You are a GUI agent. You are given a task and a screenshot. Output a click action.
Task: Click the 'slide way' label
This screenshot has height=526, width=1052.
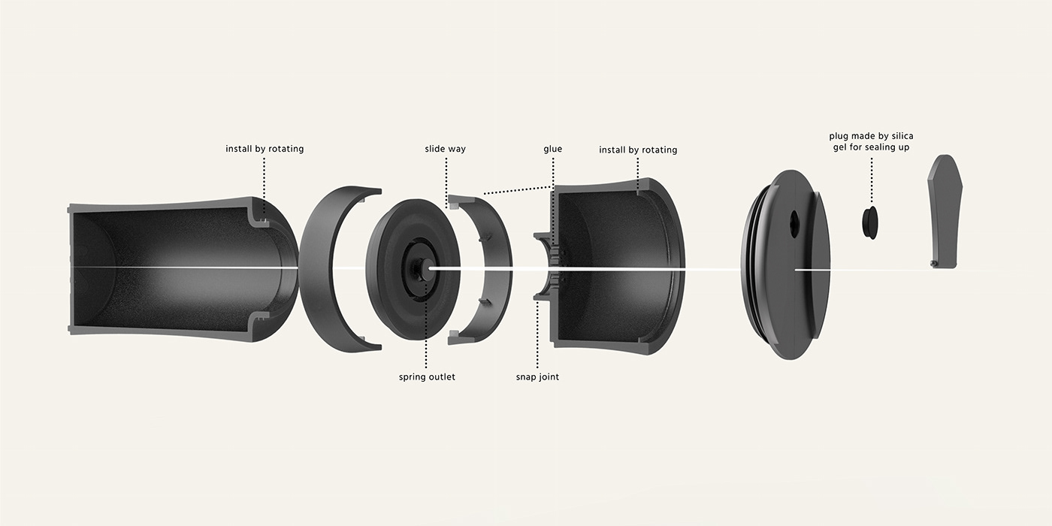coord(445,149)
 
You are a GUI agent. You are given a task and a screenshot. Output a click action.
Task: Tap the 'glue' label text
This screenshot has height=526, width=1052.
coord(553,149)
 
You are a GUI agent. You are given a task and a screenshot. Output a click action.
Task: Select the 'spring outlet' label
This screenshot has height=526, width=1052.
coord(427,376)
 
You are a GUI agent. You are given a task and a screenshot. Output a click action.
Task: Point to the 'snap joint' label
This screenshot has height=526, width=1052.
coord(537,376)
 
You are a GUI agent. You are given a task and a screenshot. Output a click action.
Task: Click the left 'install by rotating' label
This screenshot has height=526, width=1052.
coord(265,149)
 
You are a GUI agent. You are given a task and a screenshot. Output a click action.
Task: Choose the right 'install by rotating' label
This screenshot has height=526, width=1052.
coord(638,150)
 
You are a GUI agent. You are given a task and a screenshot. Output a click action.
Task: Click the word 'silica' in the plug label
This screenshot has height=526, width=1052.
coord(902,136)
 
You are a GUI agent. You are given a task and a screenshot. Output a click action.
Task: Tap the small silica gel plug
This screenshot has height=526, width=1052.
coord(870,222)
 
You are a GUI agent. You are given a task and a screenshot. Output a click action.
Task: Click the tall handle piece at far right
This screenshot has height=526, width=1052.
coord(944,211)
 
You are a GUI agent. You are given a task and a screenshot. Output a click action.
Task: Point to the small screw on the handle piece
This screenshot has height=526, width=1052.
coord(933,264)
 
